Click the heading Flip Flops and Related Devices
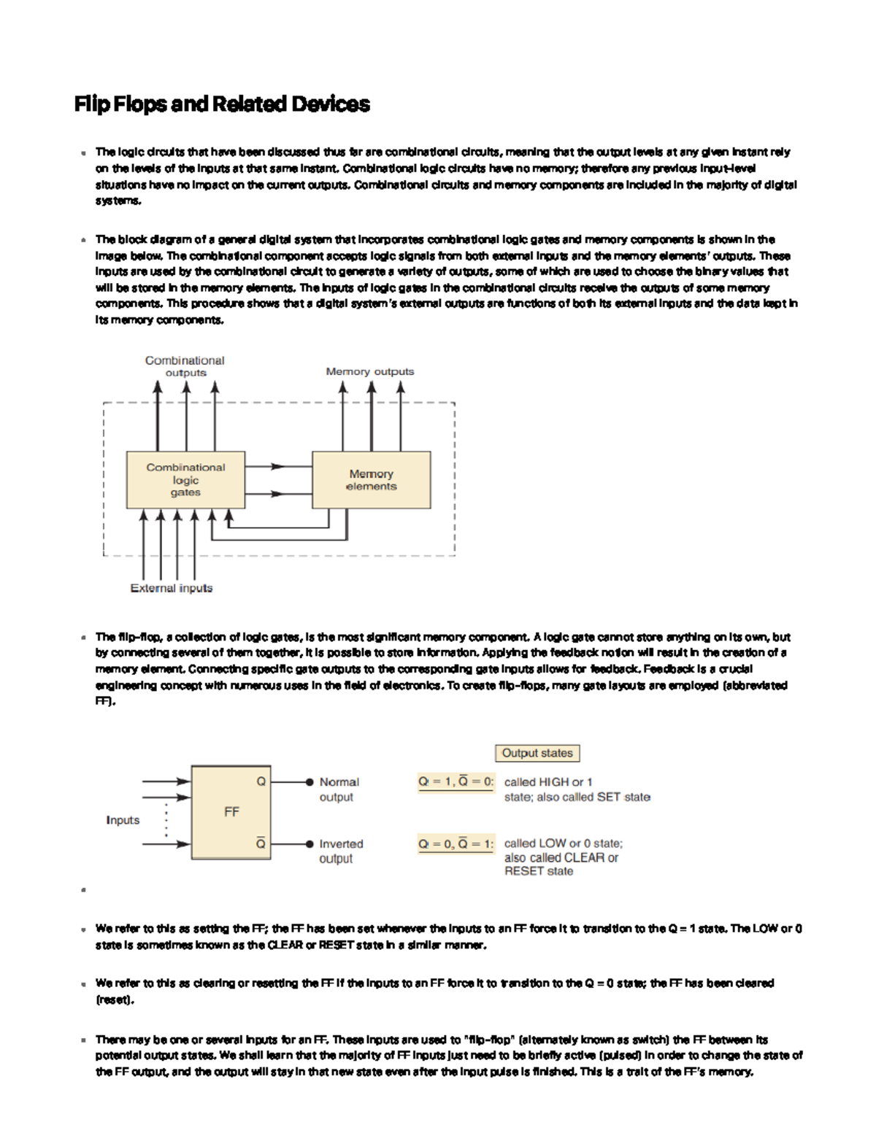point(222,104)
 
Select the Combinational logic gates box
point(185,479)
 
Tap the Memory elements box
point(371,479)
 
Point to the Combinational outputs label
point(185,366)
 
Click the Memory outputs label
point(369,371)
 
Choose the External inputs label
point(172,588)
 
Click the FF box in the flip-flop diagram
point(231,812)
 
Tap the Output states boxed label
point(537,753)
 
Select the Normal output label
point(339,789)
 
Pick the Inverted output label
point(340,851)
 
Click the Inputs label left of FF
point(123,820)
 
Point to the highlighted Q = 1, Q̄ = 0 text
point(456,782)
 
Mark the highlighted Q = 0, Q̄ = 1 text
point(456,844)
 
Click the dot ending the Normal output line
point(310,781)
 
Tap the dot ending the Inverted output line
point(310,844)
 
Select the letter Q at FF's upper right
point(261,781)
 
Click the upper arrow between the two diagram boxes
point(277,466)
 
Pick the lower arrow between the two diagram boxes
point(277,494)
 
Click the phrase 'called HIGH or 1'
point(548,782)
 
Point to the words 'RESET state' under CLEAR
point(539,871)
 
